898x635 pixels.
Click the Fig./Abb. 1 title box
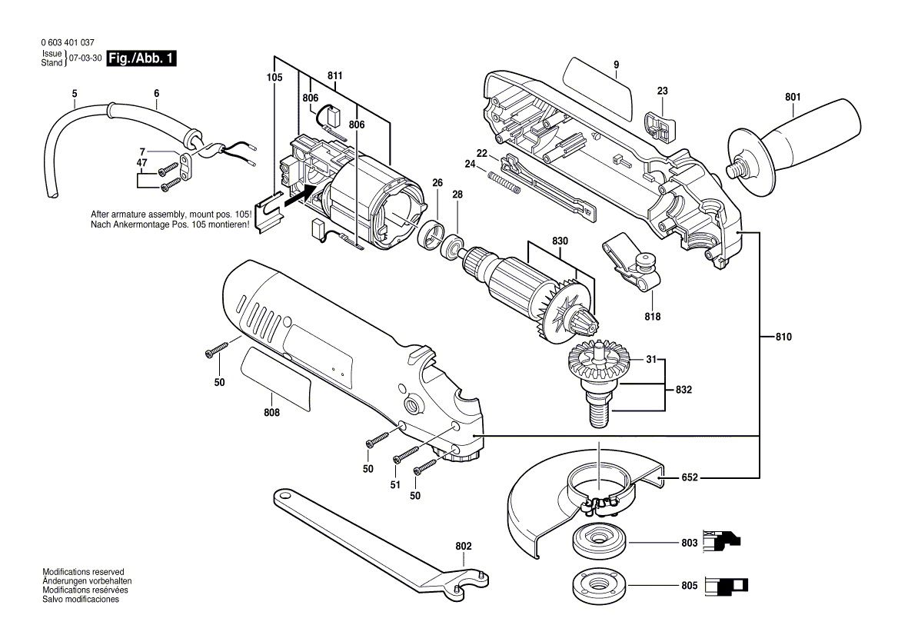coord(141,58)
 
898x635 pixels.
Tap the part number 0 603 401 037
coord(67,43)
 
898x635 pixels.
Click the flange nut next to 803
coord(600,543)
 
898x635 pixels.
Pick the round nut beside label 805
coord(600,586)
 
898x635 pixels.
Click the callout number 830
coord(560,241)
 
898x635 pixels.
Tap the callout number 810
coord(783,337)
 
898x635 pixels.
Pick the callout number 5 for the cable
coord(75,94)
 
